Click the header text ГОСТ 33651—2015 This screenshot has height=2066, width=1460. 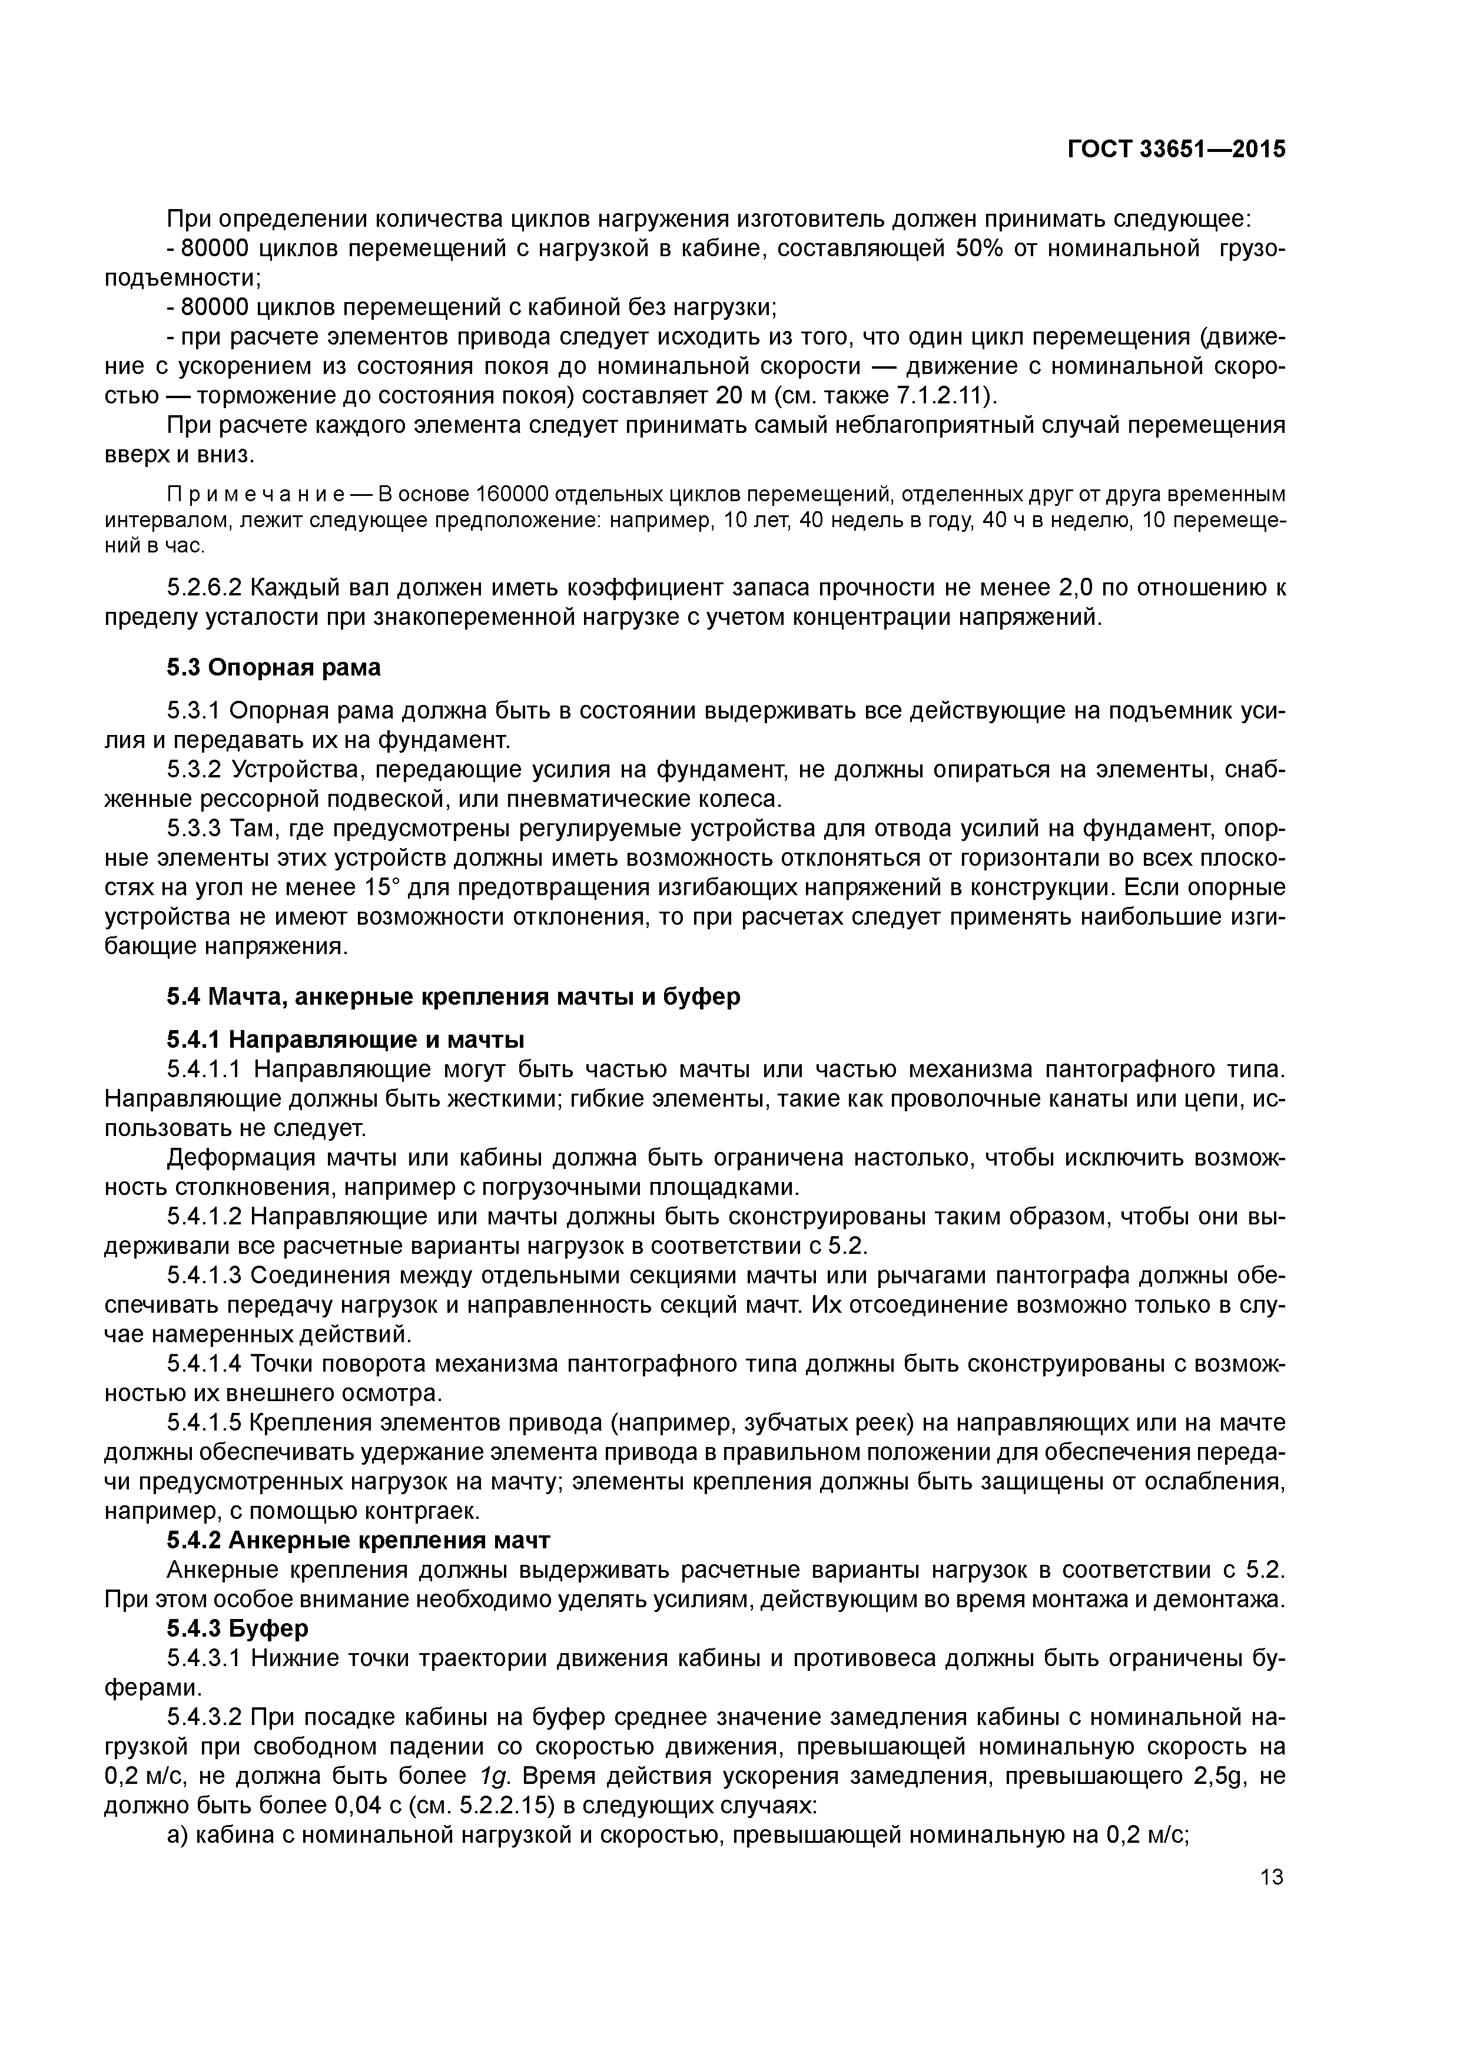point(1177,150)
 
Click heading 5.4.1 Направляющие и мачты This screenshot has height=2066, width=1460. point(346,1040)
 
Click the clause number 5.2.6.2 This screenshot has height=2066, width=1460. point(205,588)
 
